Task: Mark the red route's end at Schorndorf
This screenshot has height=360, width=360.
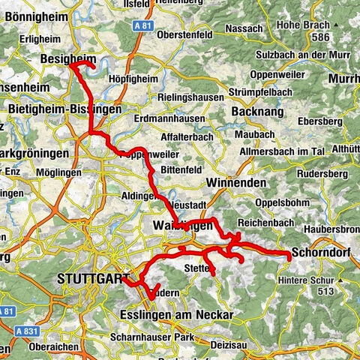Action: point(289,258)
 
